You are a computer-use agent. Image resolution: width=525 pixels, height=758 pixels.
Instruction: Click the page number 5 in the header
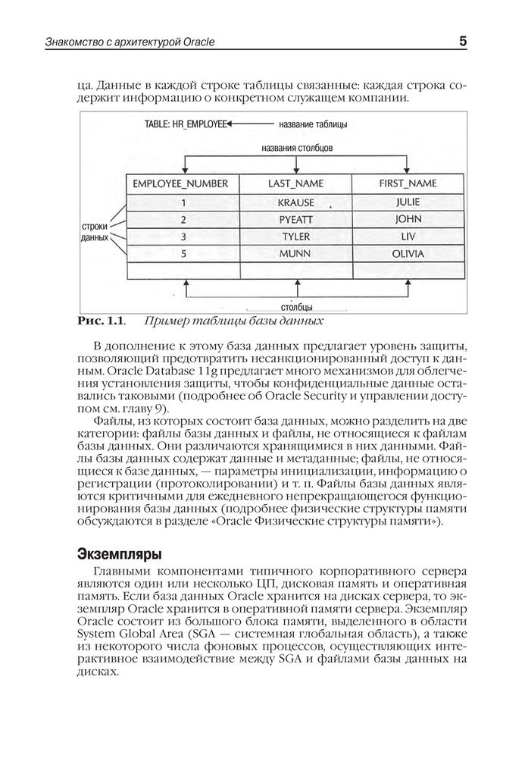(x=462, y=42)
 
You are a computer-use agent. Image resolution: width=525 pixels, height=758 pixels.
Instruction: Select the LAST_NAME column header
(x=295, y=183)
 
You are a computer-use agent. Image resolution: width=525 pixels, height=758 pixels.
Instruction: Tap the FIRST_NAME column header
(x=408, y=183)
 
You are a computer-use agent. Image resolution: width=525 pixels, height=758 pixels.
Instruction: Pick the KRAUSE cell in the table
(x=295, y=203)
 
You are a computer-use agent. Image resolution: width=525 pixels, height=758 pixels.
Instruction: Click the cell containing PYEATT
(x=295, y=220)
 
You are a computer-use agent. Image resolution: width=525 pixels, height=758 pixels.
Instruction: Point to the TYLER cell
(x=295, y=236)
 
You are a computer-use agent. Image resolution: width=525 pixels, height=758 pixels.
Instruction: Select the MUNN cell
(x=295, y=253)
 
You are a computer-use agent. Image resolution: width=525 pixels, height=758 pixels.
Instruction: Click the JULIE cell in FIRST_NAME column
(x=408, y=202)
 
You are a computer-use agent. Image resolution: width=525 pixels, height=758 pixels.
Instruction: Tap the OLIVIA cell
(x=408, y=253)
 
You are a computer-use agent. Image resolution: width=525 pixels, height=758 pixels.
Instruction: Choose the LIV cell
(x=408, y=236)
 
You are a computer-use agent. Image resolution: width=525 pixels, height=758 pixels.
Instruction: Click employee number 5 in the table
(x=183, y=253)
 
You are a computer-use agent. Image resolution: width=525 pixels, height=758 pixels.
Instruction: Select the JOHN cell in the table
(x=408, y=220)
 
